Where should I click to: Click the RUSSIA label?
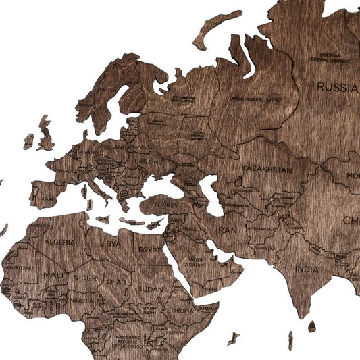pos(337,87)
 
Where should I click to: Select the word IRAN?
pos(226,230)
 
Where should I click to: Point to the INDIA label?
pos(307,269)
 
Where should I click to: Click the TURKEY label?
pos(165,203)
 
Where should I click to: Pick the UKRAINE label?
pos(149,163)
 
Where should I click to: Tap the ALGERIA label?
pos(59,241)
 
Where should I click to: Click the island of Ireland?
pos(28,141)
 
